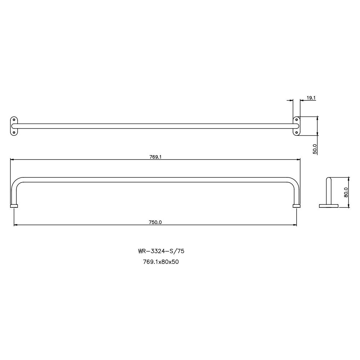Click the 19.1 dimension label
click(x=311, y=98)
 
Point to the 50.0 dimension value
click(x=315, y=149)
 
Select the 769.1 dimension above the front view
click(x=155, y=157)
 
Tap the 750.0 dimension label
click(x=155, y=222)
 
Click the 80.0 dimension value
click(x=346, y=193)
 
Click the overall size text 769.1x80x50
click(x=161, y=262)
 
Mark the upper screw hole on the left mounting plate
click(x=14, y=120)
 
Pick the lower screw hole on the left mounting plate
click(x=14, y=132)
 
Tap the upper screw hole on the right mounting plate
click(x=296, y=120)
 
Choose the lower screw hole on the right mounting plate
click(x=296, y=132)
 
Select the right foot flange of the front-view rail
click(x=297, y=206)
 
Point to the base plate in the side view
click(x=329, y=206)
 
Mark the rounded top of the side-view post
click(x=329, y=179)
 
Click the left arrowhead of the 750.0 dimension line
click(x=15, y=225)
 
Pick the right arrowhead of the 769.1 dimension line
click(x=299, y=159)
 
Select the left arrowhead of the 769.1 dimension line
click(x=12, y=159)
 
